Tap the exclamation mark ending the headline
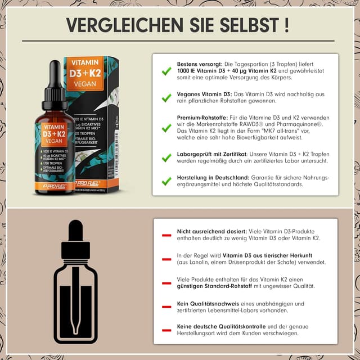pos(287,25)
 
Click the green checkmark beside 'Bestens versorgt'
pos(166,71)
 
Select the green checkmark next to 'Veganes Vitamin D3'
pos(166,97)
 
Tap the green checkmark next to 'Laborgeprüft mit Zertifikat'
pos(166,158)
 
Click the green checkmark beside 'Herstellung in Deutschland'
pos(166,181)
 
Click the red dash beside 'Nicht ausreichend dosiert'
pos(166,235)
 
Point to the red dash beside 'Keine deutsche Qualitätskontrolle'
pos(166,329)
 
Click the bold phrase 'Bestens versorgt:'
pos(200,64)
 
